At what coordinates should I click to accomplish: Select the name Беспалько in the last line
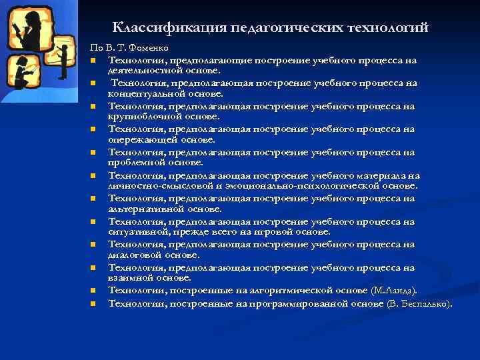(x=425, y=304)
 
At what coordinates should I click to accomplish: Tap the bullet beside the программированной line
(x=93, y=304)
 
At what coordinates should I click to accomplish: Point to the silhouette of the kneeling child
(x=20, y=72)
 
